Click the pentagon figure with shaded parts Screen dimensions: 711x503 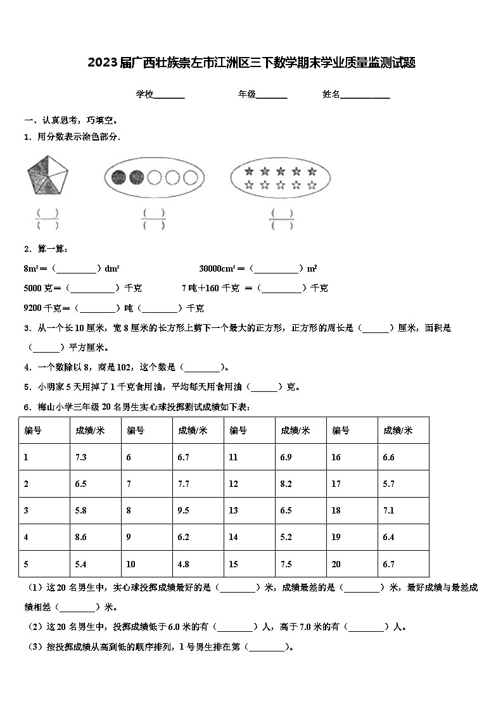[46, 175]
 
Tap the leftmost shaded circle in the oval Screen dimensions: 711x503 [118, 177]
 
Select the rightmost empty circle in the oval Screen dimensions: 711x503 [189, 177]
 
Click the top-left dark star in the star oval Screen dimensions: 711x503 [249, 171]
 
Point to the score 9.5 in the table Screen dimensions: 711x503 [184, 510]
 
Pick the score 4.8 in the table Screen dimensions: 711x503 [184, 563]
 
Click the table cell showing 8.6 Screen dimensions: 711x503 [81, 537]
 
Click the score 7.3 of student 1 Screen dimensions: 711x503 [81, 457]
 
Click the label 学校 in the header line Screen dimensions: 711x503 [144, 94]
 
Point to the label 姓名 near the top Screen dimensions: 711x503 [331, 94]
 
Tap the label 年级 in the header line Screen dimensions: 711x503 [247, 94]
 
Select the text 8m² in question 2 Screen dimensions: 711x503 [32, 268]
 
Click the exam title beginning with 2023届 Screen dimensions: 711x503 [251, 63]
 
